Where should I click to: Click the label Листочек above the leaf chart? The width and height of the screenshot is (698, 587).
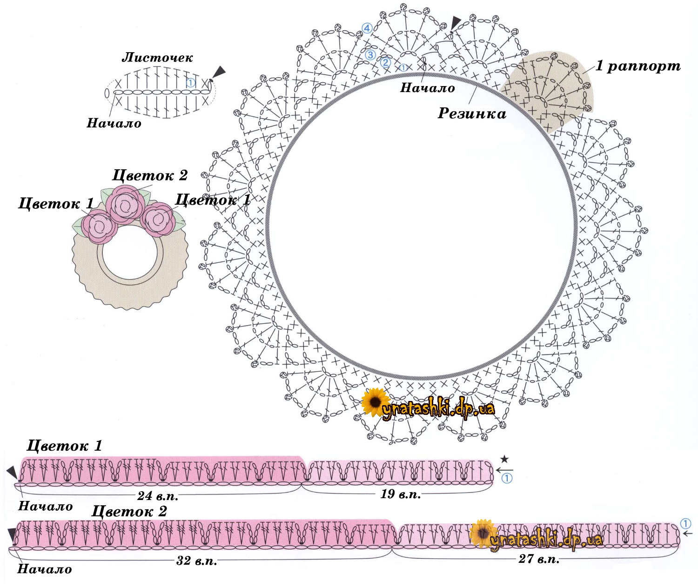point(157,58)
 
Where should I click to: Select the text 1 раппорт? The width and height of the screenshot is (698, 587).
point(638,66)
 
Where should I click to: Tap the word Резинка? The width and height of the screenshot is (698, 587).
point(472,113)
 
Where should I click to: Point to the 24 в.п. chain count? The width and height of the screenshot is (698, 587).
point(158,496)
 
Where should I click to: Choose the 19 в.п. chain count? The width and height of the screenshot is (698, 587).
point(401,494)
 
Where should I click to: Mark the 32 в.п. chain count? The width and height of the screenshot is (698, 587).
point(196,561)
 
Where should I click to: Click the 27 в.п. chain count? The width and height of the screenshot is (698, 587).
point(539,559)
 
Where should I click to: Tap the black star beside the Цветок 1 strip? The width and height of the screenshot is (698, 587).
point(504,460)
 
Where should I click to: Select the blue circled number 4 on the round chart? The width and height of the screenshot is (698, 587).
point(367,28)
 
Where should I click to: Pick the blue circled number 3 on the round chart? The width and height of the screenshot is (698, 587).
point(370,54)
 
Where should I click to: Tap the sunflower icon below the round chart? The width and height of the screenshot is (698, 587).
point(375,401)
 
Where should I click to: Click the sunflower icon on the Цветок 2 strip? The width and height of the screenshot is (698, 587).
point(483,533)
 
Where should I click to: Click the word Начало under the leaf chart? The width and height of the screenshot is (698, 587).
point(114,123)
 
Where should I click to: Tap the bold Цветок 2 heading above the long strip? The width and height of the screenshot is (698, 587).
point(129,511)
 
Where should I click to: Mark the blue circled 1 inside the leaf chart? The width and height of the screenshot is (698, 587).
point(190,83)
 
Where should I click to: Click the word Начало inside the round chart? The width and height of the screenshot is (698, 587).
point(427,88)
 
